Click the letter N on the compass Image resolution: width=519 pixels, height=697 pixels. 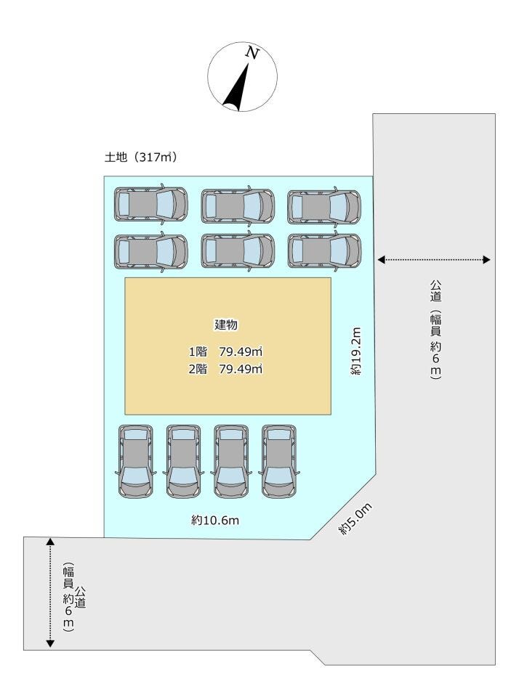[x=252, y=52]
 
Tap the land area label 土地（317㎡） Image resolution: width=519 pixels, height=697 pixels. [x=141, y=156]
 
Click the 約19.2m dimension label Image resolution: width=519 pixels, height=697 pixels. [x=355, y=351]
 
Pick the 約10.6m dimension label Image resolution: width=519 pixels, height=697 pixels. [x=216, y=520]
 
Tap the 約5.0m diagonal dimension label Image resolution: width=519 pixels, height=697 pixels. [x=355, y=520]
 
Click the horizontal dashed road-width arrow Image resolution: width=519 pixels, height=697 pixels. [x=435, y=259]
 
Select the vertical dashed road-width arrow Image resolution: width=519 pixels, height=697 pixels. [x=49, y=592]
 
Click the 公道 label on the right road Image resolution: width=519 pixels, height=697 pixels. [x=435, y=293]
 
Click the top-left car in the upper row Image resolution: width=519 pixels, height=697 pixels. [x=150, y=205]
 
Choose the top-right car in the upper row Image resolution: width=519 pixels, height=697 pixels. [x=323, y=206]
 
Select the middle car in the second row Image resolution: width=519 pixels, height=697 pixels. [x=238, y=250]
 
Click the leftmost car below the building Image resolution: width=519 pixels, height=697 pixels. [x=135, y=461]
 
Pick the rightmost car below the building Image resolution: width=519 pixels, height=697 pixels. [x=279, y=461]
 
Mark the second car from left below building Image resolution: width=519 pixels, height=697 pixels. [x=183, y=461]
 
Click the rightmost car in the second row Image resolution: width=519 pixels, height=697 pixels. [x=323, y=250]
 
